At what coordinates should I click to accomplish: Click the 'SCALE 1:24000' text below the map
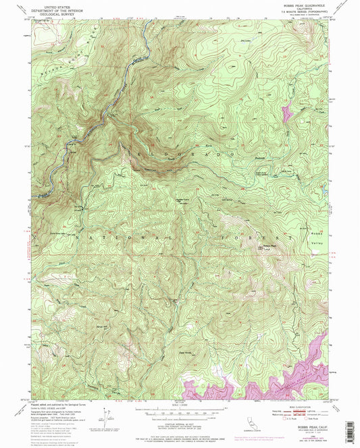tap(180, 405)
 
